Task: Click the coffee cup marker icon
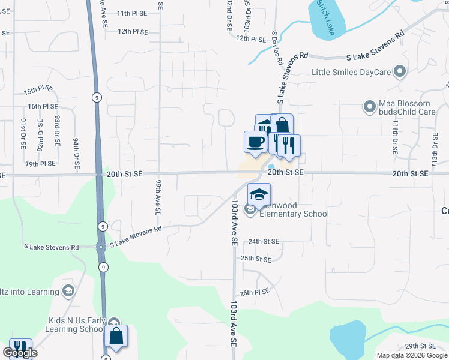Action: [256, 143]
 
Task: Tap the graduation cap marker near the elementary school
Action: [259, 195]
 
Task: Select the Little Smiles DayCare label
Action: [351, 73]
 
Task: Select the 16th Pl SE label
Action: [43, 106]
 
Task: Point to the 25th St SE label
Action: [256, 259]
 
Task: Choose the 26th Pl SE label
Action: [256, 292]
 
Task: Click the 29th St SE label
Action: [420, 346]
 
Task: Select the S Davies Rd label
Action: [277, 49]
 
